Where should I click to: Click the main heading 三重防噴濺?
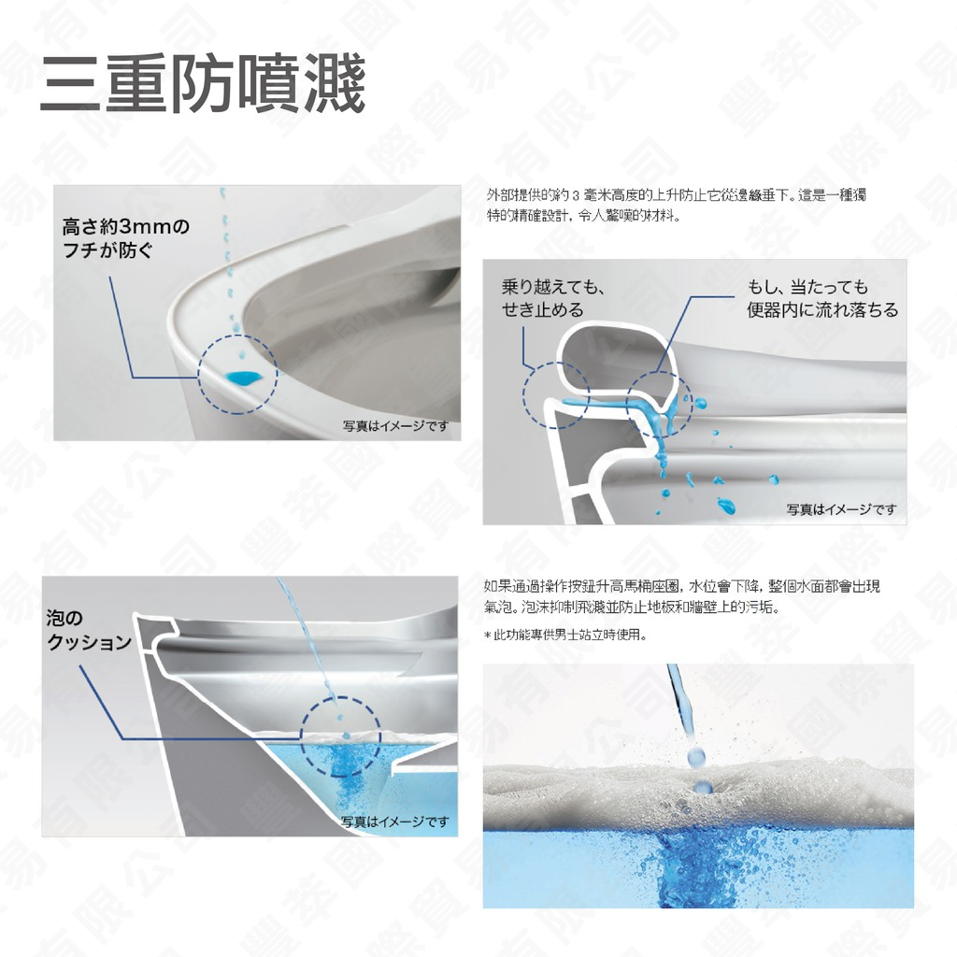pyautogui.click(x=202, y=85)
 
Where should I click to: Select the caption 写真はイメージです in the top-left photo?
pyautogui.click(x=395, y=427)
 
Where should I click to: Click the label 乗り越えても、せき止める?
pyautogui.click(x=553, y=298)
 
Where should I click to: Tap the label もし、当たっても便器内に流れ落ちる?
pyautogui.click(x=821, y=298)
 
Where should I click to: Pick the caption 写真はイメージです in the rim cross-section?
pyautogui.click(x=840, y=509)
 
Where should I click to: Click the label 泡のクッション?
pyautogui.click(x=89, y=631)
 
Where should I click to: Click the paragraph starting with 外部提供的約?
pyautogui.click(x=681, y=205)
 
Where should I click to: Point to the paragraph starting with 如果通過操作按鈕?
pyautogui.click(x=681, y=596)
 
